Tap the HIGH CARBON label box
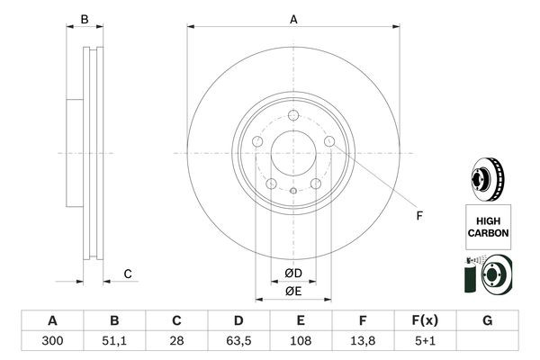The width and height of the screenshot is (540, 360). (x=488, y=226)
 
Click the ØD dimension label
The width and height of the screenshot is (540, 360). (x=292, y=273)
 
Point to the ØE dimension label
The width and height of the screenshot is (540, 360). (x=292, y=291)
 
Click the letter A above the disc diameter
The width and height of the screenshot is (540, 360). (x=293, y=19)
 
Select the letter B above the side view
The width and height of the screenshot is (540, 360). (x=85, y=19)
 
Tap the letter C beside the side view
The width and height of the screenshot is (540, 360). (x=128, y=274)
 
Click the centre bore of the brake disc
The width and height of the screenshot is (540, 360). (x=292, y=152)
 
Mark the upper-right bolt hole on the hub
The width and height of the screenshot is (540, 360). (x=328, y=142)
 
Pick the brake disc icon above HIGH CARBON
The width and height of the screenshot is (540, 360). (x=488, y=178)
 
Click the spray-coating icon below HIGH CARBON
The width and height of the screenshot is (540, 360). (x=488, y=274)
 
